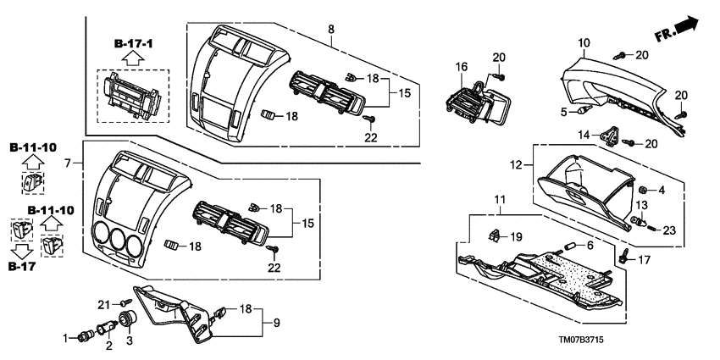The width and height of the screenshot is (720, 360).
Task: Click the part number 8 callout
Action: click(330, 30)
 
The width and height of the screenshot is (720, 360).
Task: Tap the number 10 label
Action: click(584, 42)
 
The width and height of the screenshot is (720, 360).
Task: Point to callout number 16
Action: click(462, 67)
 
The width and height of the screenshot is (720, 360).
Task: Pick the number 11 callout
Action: click(500, 201)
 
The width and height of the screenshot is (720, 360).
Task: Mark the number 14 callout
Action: click(584, 135)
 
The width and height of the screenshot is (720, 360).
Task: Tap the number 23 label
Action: click(670, 228)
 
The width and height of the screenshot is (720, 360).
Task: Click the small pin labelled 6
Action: click(569, 246)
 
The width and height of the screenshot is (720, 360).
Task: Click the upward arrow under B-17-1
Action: click(132, 58)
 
